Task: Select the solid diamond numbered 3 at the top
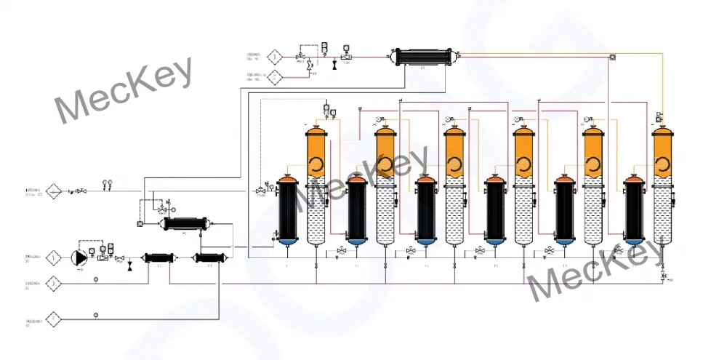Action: [274, 56]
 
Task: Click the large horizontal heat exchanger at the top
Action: [422, 55]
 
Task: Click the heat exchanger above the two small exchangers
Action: [185, 223]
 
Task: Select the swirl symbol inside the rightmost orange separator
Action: [662, 165]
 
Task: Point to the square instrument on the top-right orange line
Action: [613, 57]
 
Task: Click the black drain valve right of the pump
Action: [129, 267]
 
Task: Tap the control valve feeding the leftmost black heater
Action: [261, 191]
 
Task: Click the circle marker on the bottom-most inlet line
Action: [95, 315]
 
